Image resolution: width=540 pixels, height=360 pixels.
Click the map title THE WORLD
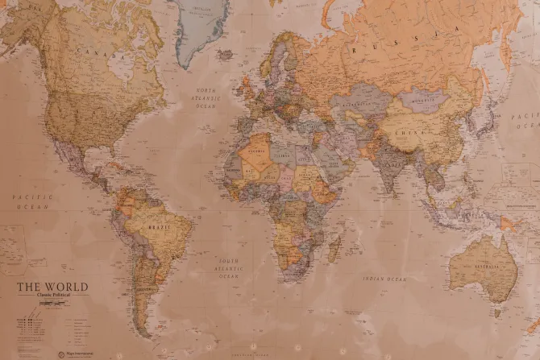click(x=53, y=287)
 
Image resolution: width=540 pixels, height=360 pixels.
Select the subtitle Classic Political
click(x=53, y=296)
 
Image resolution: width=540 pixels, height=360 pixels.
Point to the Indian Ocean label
click(x=384, y=279)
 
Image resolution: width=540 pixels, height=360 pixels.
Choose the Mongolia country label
click(x=424, y=101)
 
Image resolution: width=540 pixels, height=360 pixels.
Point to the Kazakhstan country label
click(x=362, y=104)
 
